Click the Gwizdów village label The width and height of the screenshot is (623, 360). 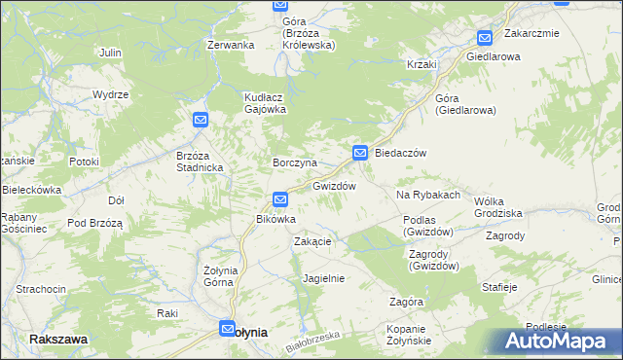(334, 185)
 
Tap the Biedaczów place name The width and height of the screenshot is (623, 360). (402, 153)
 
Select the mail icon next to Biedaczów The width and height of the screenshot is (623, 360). (360, 153)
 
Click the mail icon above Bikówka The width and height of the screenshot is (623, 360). (280, 199)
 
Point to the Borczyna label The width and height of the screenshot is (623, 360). (293, 162)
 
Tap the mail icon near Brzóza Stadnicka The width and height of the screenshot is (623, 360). (200, 120)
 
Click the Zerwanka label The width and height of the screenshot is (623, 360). (231, 45)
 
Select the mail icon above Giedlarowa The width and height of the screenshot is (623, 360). (484, 38)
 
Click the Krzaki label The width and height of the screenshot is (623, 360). (422, 64)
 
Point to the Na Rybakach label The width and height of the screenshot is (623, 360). (428, 195)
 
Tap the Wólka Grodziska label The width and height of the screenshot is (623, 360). (497, 206)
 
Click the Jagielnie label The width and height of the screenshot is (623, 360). (324, 278)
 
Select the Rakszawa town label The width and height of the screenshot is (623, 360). (58, 339)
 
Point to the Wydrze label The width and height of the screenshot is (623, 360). (111, 94)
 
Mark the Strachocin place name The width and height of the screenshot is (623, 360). (41, 289)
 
